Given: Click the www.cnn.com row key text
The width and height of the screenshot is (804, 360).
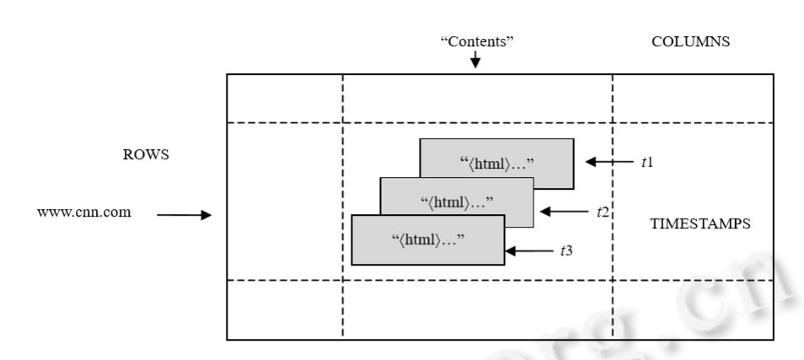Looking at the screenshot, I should coord(84,211).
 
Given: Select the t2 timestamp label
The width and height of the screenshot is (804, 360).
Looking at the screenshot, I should coord(602,211).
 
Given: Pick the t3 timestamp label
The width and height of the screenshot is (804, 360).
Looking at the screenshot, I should coord(569,250).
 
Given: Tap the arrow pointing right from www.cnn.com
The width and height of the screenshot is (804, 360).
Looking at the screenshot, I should coord(183,215).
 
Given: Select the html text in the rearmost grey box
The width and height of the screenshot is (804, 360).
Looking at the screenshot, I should coord(496,162).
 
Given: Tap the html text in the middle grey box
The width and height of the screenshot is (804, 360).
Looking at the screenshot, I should coord(456,201).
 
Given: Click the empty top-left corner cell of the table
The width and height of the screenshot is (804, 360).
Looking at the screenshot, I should coord(285,99).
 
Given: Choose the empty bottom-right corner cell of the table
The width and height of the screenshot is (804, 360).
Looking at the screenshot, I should coord(693,309).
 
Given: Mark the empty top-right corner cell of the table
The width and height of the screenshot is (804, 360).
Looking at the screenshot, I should coord(693,99).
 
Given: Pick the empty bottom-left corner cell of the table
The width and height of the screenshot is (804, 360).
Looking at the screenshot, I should coord(285,309).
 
